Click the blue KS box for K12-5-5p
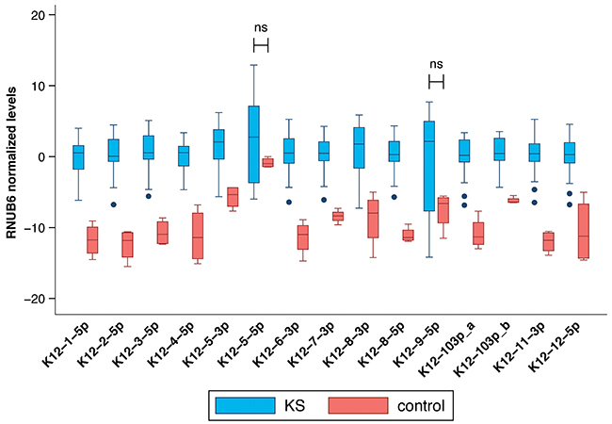point(253,143)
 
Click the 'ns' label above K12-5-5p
point(262,27)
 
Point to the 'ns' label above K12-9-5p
point(436,64)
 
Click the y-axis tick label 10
point(38,86)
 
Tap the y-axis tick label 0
point(41,156)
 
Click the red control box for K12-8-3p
point(373,219)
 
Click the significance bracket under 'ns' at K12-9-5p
point(436,83)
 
